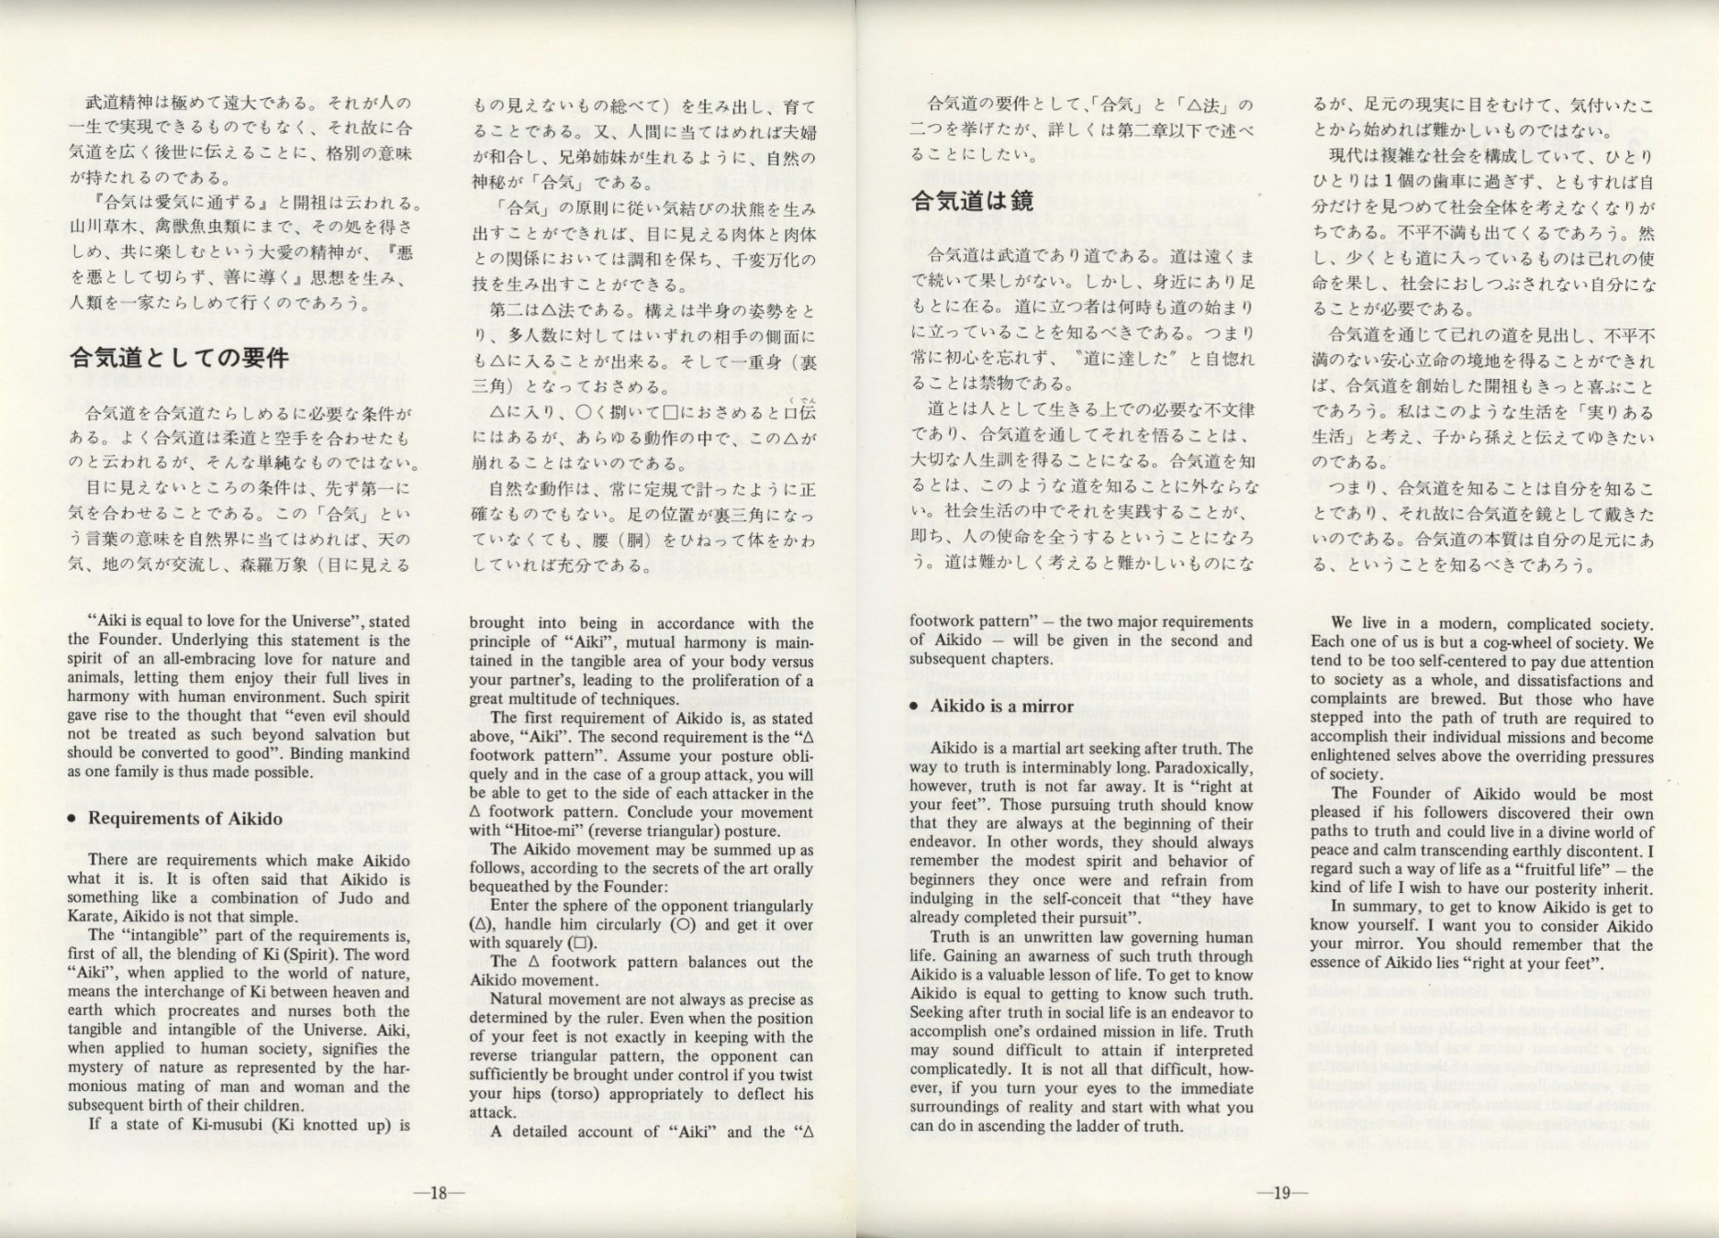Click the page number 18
coord(438,1193)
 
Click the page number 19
coord(1281,1193)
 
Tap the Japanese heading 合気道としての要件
coord(179,357)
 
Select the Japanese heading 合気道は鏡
coord(972,200)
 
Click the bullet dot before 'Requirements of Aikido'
coord(72,820)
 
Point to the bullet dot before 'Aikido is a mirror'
coord(914,707)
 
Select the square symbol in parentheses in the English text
coord(579,943)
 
